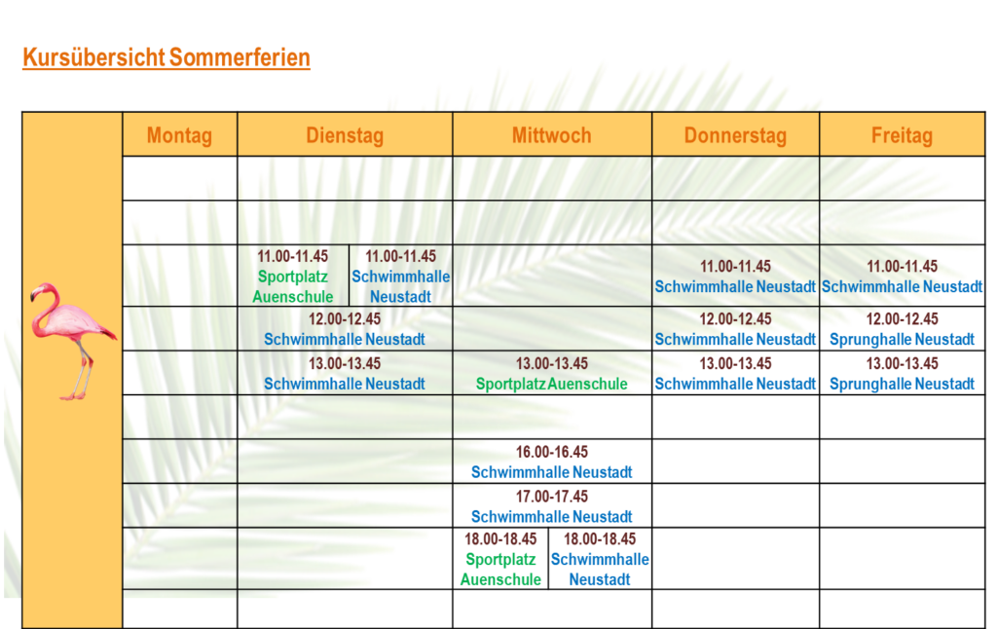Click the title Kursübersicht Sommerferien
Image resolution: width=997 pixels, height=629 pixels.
[x=166, y=57]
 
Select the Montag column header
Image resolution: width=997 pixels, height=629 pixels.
[x=179, y=134]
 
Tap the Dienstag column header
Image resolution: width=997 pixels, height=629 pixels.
[x=345, y=134]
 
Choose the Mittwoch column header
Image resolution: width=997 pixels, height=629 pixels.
[x=552, y=134]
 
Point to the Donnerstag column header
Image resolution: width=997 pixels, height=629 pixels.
[x=736, y=134]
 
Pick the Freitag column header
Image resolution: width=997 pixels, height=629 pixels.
[x=903, y=134]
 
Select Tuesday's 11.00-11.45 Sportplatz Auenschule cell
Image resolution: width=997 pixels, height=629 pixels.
[x=293, y=276]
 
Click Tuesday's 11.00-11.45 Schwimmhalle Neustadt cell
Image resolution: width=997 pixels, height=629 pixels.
[x=400, y=276]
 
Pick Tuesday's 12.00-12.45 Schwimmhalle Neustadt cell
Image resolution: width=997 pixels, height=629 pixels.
[x=345, y=329]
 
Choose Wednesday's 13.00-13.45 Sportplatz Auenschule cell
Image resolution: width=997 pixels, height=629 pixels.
[x=552, y=373]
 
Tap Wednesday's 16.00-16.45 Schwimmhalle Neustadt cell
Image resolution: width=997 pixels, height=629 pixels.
[x=552, y=462]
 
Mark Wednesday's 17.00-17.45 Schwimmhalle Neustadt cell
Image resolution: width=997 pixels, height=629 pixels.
[x=552, y=506]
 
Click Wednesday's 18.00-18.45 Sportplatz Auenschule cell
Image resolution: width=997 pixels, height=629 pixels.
[x=500, y=559]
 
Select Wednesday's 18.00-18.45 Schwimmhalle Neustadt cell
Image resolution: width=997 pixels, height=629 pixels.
[x=600, y=559]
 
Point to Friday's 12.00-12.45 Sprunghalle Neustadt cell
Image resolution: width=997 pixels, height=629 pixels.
[x=903, y=329]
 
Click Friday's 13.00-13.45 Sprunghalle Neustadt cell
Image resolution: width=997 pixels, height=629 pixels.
[x=903, y=373]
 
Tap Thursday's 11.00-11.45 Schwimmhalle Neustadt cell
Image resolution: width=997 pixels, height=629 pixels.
[x=736, y=276]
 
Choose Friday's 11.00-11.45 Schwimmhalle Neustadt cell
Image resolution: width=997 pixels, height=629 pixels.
[x=903, y=276]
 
